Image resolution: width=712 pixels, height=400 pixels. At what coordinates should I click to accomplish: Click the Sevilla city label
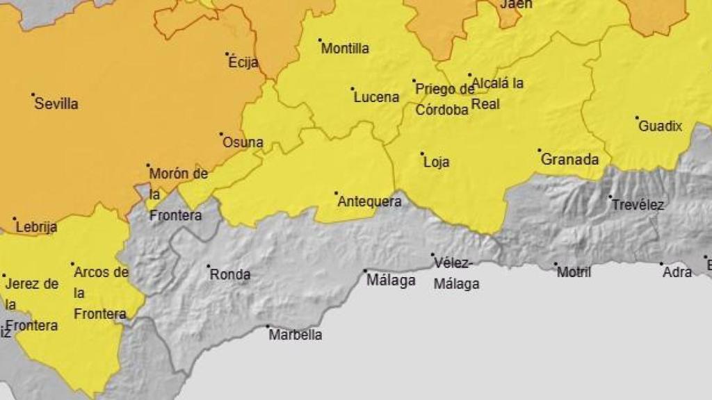56,104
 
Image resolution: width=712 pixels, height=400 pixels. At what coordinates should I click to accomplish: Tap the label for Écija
243,62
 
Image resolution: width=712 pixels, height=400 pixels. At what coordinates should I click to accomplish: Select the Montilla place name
345,49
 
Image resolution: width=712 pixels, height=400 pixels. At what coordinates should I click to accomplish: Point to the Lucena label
376,97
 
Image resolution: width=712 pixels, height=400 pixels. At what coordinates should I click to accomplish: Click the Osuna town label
243,143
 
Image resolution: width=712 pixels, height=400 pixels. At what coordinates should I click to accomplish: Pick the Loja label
436,162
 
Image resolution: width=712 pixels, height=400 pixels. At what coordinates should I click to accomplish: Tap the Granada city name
569,160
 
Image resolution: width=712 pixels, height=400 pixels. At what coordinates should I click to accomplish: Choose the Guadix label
660,126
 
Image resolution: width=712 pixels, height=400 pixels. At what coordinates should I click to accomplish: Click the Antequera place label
369,202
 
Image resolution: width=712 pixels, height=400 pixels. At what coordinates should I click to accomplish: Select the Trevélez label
638,205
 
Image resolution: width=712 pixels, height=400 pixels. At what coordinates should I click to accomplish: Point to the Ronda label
230,275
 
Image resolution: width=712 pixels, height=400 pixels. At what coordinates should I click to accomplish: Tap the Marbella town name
296,335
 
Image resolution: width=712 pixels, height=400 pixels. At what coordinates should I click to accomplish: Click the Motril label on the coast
574,272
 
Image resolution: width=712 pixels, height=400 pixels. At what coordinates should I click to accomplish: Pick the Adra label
677,272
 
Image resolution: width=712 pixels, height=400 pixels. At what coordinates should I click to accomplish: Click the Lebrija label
36,227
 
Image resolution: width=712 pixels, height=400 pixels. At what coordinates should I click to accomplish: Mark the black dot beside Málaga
365,271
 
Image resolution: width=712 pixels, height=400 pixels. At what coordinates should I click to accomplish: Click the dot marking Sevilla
33,94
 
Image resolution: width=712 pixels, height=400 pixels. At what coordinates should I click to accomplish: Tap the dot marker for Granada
539,150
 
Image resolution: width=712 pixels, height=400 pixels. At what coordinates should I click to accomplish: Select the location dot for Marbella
268,326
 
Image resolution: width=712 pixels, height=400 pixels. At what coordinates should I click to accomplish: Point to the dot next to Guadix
637,117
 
